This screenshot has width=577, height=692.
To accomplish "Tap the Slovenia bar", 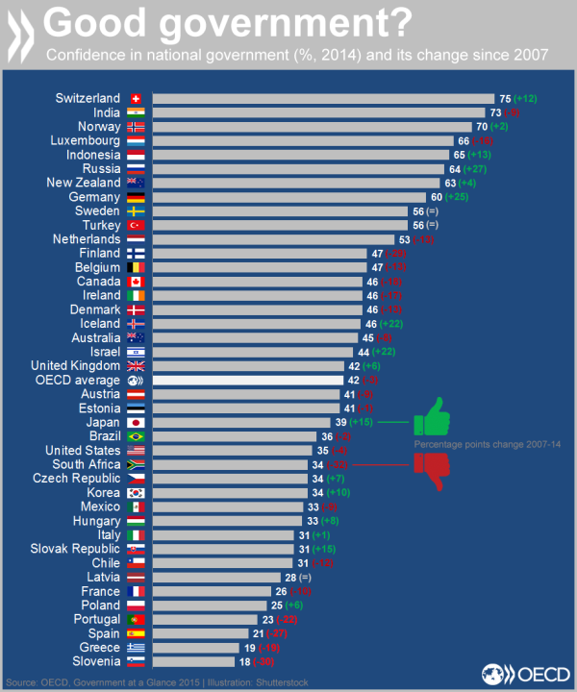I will pos(192,661).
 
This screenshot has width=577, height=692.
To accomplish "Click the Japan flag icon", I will pos(136,422).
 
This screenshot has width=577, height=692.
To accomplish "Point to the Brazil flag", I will pos(136,436).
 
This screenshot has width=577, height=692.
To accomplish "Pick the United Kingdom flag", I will pos(136,365).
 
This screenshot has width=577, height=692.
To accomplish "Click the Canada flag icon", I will pos(136,282).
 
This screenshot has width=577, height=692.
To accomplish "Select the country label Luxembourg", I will pos(84,140).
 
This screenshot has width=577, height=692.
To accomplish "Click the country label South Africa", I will pos(86,464).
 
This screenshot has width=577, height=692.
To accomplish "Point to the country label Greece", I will pos(100,647).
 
